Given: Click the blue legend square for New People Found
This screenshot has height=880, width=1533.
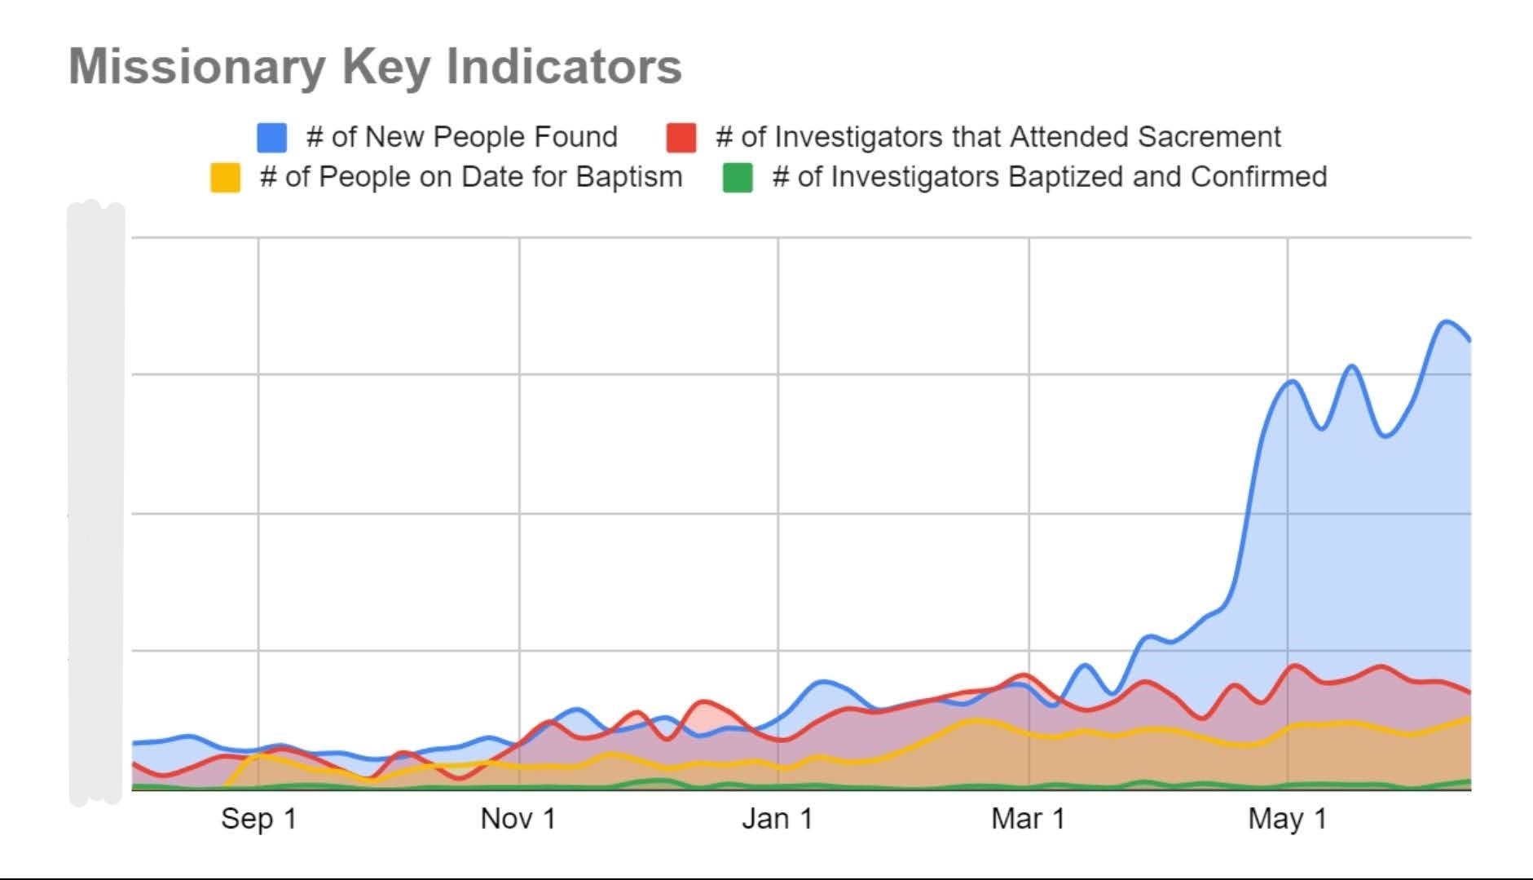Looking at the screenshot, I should [x=271, y=138].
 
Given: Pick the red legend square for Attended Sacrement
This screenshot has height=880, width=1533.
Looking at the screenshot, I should [x=681, y=138].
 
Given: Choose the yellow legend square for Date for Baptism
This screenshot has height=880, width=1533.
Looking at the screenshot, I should [x=225, y=178].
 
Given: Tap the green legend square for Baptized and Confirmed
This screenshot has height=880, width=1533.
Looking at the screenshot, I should [x=738, y=178].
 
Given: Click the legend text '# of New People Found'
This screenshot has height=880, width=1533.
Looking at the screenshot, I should [x=461, y=137].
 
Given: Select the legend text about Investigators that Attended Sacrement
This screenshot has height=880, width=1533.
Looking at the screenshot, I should [x=998, y=137].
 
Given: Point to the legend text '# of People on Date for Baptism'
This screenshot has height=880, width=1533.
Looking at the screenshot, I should [x=470, y=177].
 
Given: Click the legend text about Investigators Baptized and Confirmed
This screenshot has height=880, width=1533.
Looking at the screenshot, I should [x=1049, y=177].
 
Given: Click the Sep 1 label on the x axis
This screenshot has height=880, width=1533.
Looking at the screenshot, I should [x=258, y=819].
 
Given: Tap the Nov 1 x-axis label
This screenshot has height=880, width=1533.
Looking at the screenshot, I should [x=518, y=819].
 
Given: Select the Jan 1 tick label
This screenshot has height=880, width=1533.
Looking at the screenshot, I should [x=777, y=819].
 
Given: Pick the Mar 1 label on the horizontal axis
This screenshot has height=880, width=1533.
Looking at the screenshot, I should [x=1028, y=819].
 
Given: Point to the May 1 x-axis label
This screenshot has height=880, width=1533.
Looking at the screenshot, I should [x=1287, y=819].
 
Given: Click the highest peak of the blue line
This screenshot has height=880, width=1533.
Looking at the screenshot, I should [x=1446, y=321].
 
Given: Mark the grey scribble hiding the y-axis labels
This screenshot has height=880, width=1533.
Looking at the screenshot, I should [x=96, y=502].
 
